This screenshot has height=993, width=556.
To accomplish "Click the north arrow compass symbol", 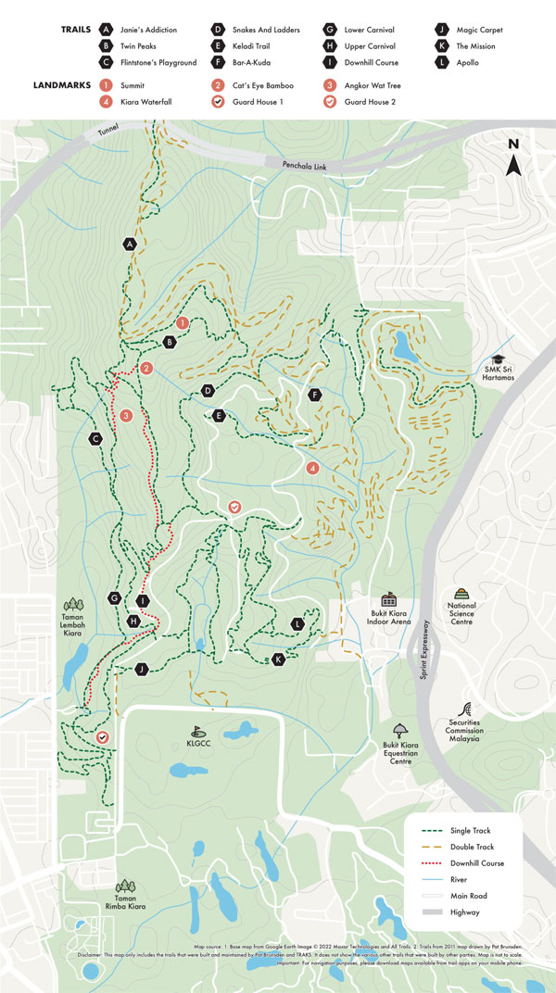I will [x=513, y=158].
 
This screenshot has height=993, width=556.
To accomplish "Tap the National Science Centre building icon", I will [x=461, y=594].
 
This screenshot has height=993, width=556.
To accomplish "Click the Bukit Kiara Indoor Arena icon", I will [x=388, y=599].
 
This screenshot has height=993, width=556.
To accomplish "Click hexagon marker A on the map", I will [x=130, y=244].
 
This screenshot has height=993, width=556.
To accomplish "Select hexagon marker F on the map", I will [x=315, y=395].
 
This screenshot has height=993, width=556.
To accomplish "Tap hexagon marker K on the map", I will [x=278, y=660].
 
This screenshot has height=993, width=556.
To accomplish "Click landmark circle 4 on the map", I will [x=313, y=469].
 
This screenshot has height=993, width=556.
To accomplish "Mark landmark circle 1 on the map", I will [x=183, y=322].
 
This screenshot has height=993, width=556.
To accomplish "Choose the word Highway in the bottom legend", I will [x=466, y=912].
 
